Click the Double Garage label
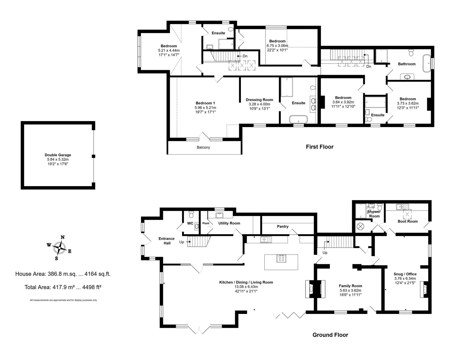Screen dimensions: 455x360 coord(58,155)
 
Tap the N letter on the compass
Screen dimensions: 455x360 coord(63,237)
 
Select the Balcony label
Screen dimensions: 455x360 coord(203,147)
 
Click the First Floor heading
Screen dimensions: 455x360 coord(319,147)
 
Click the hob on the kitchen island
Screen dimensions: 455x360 coord(281,258)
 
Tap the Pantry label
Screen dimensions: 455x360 coord(283,226)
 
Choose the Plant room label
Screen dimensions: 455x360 coord(206,223)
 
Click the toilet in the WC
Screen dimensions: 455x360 coord(191,214)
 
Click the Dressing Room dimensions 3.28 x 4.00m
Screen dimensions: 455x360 coord(259,104)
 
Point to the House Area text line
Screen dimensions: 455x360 coord(63,274)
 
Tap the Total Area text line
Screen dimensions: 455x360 coord(63,287)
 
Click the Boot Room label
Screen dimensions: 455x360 coord(408,221)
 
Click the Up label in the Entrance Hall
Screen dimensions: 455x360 coord(182,242)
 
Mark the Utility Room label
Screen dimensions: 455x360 coord(229,223)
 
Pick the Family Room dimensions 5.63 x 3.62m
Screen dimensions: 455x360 coord(350,290)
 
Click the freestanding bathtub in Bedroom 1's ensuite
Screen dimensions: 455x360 coord(298,119)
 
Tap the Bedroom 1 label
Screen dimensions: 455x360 coord(205,103)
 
